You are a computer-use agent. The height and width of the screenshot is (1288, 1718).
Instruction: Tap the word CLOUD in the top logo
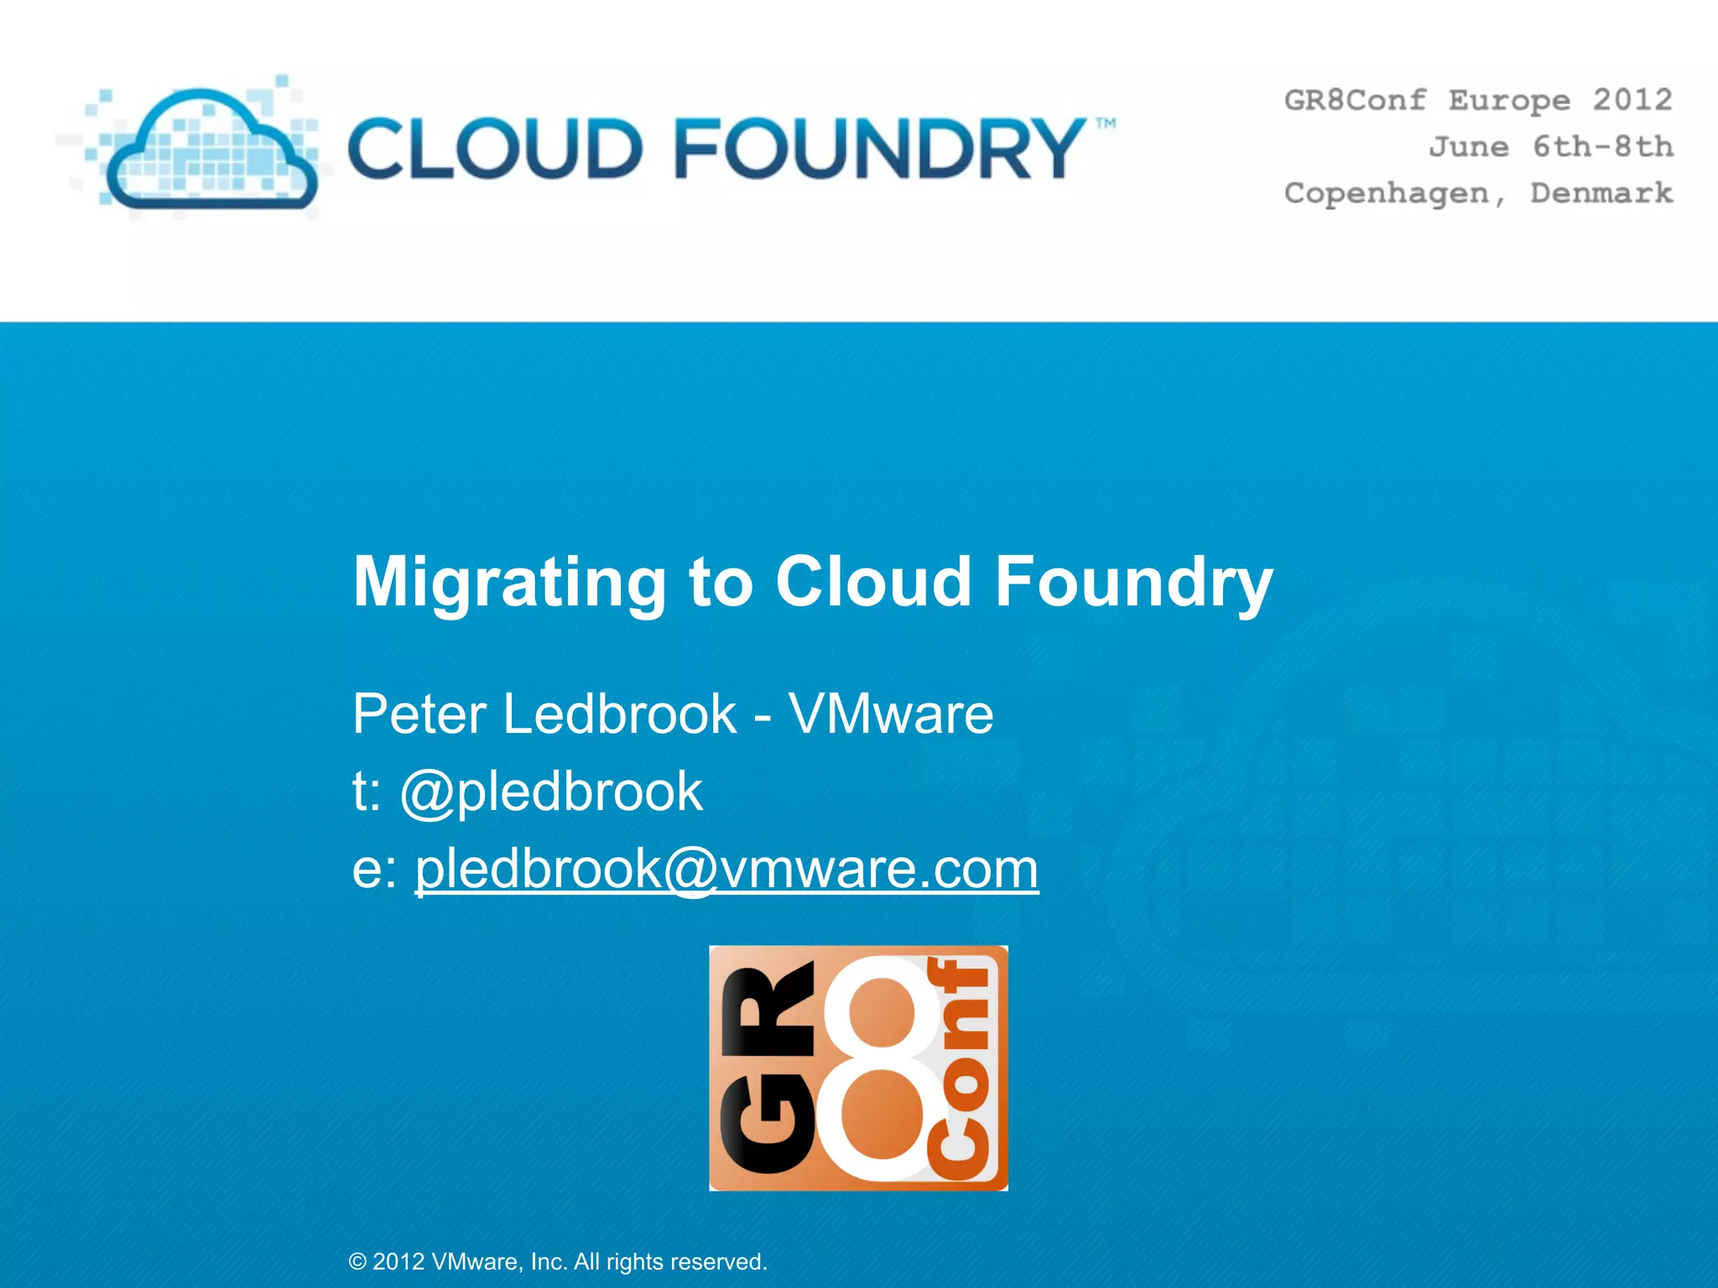pyautogui.click(x=495, y=149)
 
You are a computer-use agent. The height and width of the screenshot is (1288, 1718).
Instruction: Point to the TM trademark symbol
pyautogui.click(x=1106, y=124)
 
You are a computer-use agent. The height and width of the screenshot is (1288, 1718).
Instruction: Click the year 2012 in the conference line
pyautogui.click(x=1632, y=100)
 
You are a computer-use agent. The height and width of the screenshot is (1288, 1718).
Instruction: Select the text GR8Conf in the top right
pyautogui.click(x=1355, y=100)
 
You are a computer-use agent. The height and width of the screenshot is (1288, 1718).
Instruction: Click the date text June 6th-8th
pyautogui.click(x=1551, y=147)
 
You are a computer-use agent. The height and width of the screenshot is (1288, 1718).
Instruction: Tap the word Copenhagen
pyautogui.click(x=1387, y=194)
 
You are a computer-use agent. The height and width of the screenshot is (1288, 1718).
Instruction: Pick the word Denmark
pyautogui.click(x=1601, y=193)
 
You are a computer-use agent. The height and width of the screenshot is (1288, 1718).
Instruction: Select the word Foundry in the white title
pyautogui.click(x=1133, y=583)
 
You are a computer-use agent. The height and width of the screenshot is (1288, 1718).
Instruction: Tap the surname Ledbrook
pyautogui.click(x=620, y=714)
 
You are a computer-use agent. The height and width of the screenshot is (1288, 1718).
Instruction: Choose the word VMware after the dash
pyautogui.click(x=891, y=714)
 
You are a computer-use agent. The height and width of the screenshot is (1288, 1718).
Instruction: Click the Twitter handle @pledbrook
pyautogui.click(x=551, y=792)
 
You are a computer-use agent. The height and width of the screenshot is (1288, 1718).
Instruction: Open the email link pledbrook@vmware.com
pyautogui.click(x=726, y=869)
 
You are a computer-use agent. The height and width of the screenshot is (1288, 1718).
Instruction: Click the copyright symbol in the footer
pyautogui.click(x=357, y=1262)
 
